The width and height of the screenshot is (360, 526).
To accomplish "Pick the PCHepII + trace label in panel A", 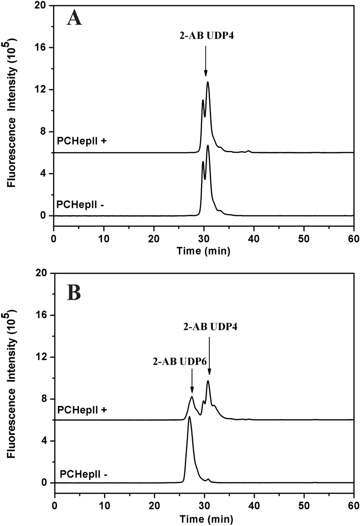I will (x=82, y=141).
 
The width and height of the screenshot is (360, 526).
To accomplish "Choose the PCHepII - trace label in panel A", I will (x=81, y=204).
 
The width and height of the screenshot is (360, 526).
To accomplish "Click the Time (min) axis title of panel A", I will (x=203, y=251).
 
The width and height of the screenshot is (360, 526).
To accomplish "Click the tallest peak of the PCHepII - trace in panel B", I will (x=189, y=417).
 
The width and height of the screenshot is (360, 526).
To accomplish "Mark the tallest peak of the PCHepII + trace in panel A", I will (x=208, y=82).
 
